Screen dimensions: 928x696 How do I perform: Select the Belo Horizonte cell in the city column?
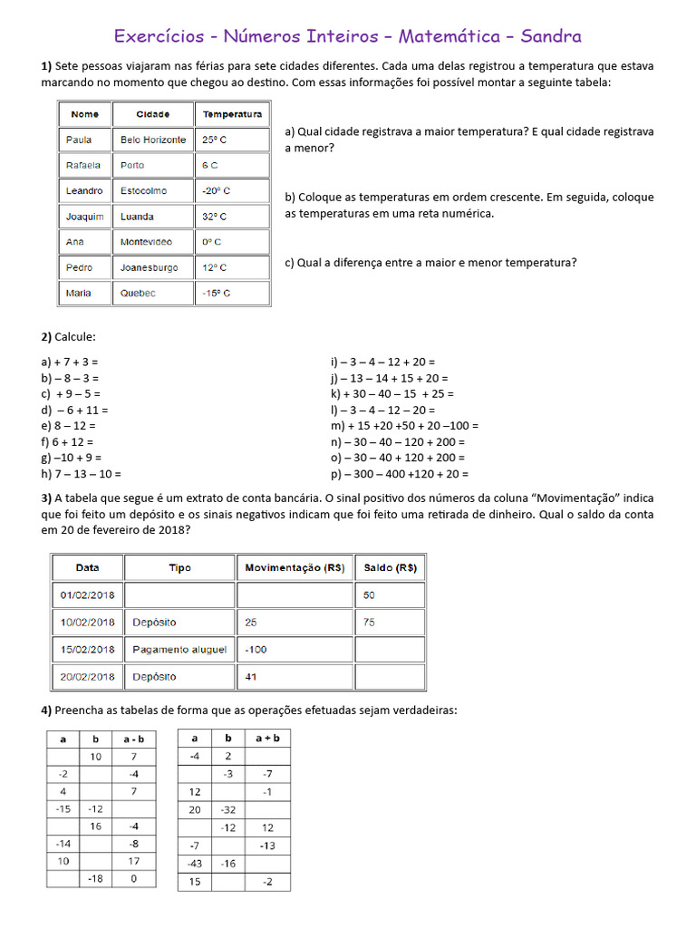coord(153,140)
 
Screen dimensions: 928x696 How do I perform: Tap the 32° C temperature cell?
coord(215,217)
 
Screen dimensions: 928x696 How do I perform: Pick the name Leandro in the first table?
coord(84,191)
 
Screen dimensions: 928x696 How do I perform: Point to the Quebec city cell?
coord(138,294)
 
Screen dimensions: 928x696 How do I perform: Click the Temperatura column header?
coord(232,114)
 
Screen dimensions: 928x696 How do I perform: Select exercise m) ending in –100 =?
coord(404,425)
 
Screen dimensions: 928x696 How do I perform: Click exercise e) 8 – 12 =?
coord(68,425)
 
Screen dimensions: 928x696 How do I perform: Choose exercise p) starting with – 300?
coord(400,474)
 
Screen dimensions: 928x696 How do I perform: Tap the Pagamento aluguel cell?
coord(179,650)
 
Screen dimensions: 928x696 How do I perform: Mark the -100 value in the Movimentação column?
coord(256,650)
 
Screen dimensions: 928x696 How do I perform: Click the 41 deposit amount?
coord(251,677)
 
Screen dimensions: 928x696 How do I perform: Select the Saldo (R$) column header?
coord(390,568)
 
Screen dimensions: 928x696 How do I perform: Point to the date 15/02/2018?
coord(87,650)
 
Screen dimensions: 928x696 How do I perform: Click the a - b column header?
coord(133,739)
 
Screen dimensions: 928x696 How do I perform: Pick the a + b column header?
coord(267,739)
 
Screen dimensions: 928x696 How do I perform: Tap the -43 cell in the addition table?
coord(194,864)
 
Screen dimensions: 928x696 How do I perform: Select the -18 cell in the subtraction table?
coord(94,878)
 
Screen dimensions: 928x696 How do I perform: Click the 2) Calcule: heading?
coord(68,337)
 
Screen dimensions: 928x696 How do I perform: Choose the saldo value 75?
coord(369,623)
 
